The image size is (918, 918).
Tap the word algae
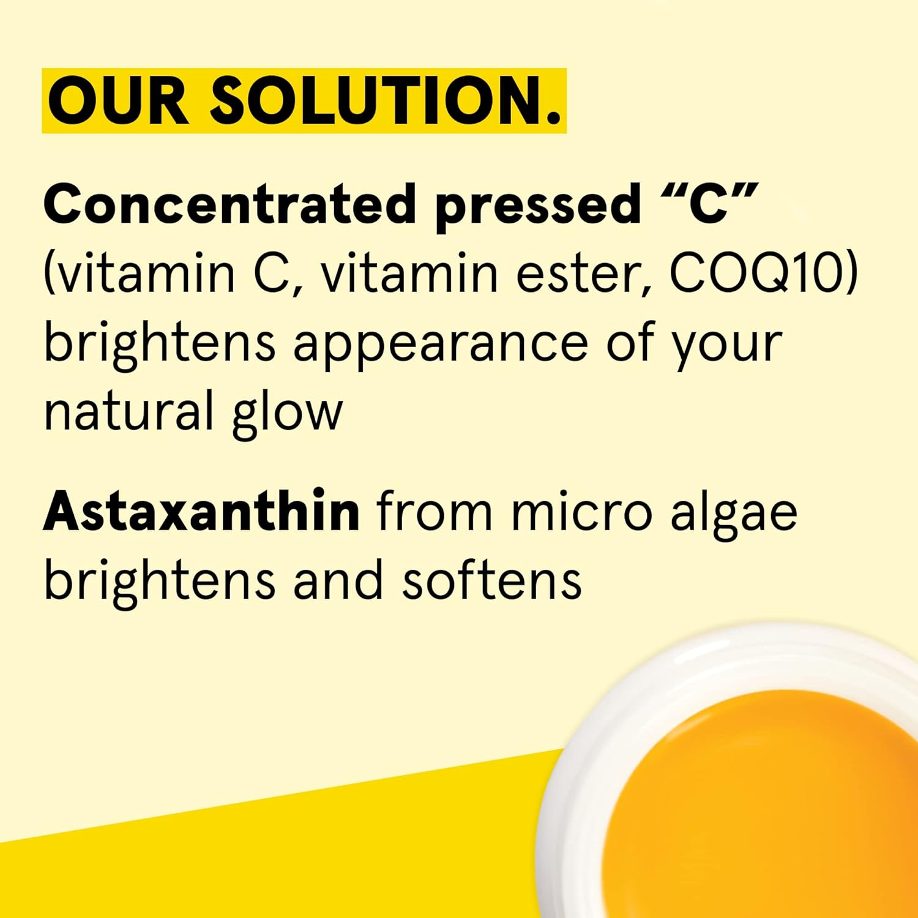(734, 517)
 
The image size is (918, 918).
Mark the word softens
(491, 580)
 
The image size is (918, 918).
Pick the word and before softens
(337, 580)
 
